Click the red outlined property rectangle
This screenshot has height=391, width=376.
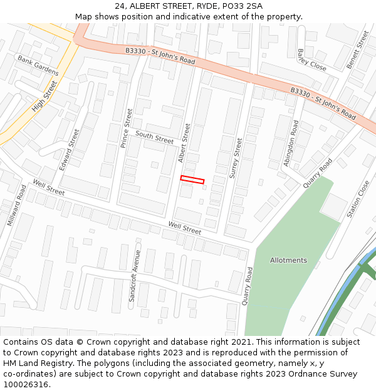pyautogui.click(x=192, y=180)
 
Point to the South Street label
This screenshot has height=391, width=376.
pyautogui.click(x=154, y=138)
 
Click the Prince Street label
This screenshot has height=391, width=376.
pyautogui.click(x=126, y=128)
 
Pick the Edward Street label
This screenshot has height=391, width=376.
pyautogui.click(x=70, y=150)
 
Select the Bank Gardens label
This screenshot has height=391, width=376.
pyautogui.click(x=38, y=65)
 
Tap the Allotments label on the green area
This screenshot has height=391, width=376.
pyautogui.click(x=288, y=260)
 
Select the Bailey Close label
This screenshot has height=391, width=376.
pyautogui.click(x=312, y=60)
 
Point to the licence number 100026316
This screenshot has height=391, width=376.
pyautogui.click(x=26, y=384)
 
